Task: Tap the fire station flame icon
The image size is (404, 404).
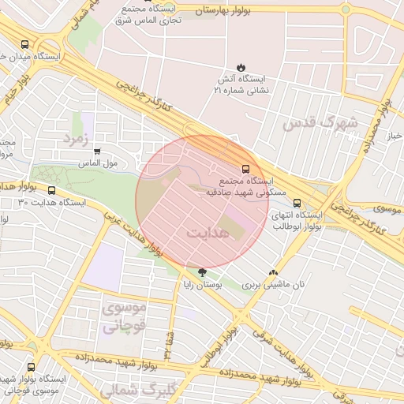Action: (241, 68)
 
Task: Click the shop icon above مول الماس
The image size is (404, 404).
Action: (97, 151)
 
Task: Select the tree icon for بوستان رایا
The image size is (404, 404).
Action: (203, 272)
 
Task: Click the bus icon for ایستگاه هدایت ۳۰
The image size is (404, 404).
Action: (52, 190)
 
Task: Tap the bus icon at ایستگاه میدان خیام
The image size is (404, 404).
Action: (26, 45)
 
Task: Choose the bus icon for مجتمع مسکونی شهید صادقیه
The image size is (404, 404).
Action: (246, 169)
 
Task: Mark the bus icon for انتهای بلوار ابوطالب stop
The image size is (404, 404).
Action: (297, 203)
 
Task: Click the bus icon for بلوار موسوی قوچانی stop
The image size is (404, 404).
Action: (32, 367)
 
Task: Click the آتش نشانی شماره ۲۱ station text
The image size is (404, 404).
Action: (242, 86)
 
